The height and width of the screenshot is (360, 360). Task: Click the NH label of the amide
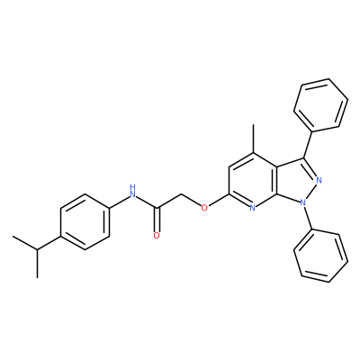tap(132, 192)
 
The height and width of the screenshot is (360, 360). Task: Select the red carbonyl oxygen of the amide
tap(157, 236)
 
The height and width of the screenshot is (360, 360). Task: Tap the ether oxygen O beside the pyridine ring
tap(204, 207)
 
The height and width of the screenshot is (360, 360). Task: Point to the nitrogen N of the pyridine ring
tap(253, 207)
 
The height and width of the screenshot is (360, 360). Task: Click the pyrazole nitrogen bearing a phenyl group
tap(303, 202)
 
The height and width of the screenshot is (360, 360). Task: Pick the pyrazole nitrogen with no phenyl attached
tap(319, 180)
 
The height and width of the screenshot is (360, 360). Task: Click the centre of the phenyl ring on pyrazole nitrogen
tap(321, 256)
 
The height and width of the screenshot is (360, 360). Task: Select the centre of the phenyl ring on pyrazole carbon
tap(321, 105)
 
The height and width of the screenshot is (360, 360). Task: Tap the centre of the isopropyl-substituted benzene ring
tap(85, 221)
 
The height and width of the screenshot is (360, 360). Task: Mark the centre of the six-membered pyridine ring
tap(253, 180)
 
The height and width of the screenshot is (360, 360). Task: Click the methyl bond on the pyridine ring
tap(253, 139)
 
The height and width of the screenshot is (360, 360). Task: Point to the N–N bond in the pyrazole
tap(311, 192)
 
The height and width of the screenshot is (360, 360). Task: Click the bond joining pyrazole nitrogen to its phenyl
tap(308, 218)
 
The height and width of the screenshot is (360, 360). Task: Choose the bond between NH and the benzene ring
tap(119, 202)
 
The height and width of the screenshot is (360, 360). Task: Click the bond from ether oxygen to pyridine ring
tap(219, 201)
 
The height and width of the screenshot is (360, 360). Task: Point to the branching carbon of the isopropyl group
tap(37, 249)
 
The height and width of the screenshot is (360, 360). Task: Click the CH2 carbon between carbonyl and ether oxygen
tap(181, 193)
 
